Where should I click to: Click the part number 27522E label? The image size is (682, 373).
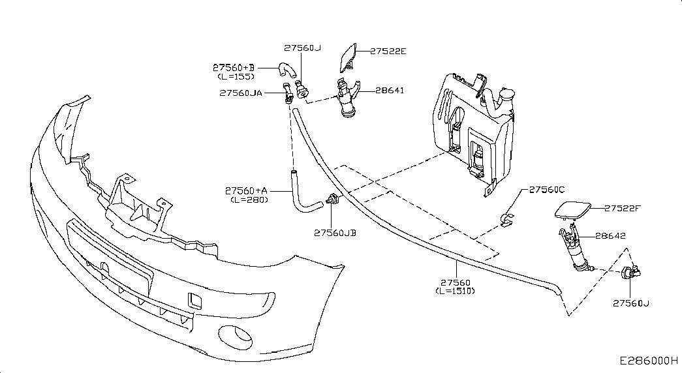[x=388, y=52]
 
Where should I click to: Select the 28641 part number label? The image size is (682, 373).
[x=390, y=91]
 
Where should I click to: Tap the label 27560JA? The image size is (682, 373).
[x=241, y=93]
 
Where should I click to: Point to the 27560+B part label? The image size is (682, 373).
[x=234, y=68]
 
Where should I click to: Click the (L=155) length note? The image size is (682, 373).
[x=236, y=76]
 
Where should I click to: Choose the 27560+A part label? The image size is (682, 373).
[x=247, y=190]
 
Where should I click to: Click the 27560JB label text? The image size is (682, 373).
[x=335, y=233]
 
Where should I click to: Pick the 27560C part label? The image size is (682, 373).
[x=547, y=190]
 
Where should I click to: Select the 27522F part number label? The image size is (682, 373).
[x=623, y=208]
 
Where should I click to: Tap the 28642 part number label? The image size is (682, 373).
[x=610, y=235]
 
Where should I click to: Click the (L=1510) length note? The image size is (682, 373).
[x=456, y=291]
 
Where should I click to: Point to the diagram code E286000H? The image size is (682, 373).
[x=649, y=361]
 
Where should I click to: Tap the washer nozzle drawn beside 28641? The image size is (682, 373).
[x=347, y=98]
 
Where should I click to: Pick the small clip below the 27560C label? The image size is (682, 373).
[x=506, y=220]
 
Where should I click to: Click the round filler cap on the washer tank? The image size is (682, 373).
[x=506, y=95]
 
